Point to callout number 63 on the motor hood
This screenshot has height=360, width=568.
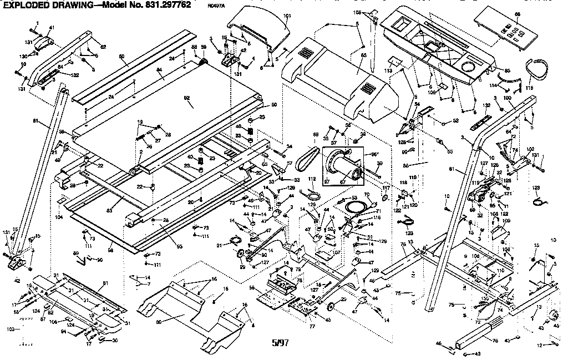(363, 55)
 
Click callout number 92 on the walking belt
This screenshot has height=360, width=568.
(187, 98)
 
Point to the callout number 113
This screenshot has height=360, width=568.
(388, 71)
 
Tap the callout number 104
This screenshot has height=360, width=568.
(59, 218)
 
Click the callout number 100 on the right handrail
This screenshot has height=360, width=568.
(506, 98)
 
